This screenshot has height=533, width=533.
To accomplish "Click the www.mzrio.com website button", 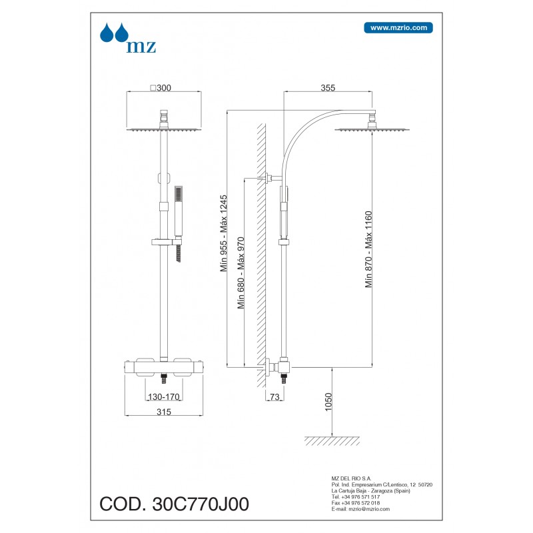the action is (398, 28).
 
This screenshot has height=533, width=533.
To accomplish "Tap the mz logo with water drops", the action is (128, 38).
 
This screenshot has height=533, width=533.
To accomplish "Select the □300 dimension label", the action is (161, 88).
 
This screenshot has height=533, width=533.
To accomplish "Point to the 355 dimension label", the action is (328, 88).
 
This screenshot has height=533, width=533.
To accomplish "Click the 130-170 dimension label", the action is (164, 396).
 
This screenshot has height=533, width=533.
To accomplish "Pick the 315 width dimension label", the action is (164, 412).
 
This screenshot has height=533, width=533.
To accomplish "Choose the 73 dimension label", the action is (274, 396).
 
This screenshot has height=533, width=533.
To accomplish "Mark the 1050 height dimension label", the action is (328, 402).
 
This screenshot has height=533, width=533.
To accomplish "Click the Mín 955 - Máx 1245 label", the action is (223, 233).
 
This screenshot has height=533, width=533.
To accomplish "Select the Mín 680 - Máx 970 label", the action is (241, 273).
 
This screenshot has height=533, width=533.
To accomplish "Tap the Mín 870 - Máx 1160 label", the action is (368, 249).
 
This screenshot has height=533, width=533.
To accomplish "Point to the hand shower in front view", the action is (179, 211).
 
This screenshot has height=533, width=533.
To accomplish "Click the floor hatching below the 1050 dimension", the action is (332, 440).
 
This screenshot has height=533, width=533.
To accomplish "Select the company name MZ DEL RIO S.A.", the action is (351, 478).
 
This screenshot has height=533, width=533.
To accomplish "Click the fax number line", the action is (356, 503).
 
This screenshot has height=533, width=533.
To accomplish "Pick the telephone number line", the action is (356, 496).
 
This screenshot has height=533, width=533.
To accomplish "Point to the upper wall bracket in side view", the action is (271, 177).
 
